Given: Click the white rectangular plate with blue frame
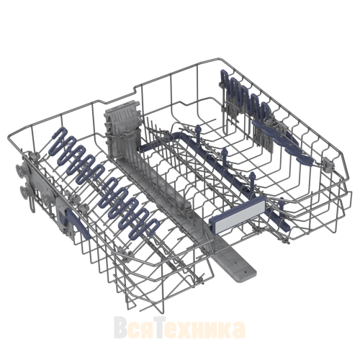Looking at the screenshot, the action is point(238,214).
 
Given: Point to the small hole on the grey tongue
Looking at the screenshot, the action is point(245,272).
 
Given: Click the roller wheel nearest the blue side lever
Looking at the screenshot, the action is point(46,199).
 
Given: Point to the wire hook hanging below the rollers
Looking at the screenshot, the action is point(32,204).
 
